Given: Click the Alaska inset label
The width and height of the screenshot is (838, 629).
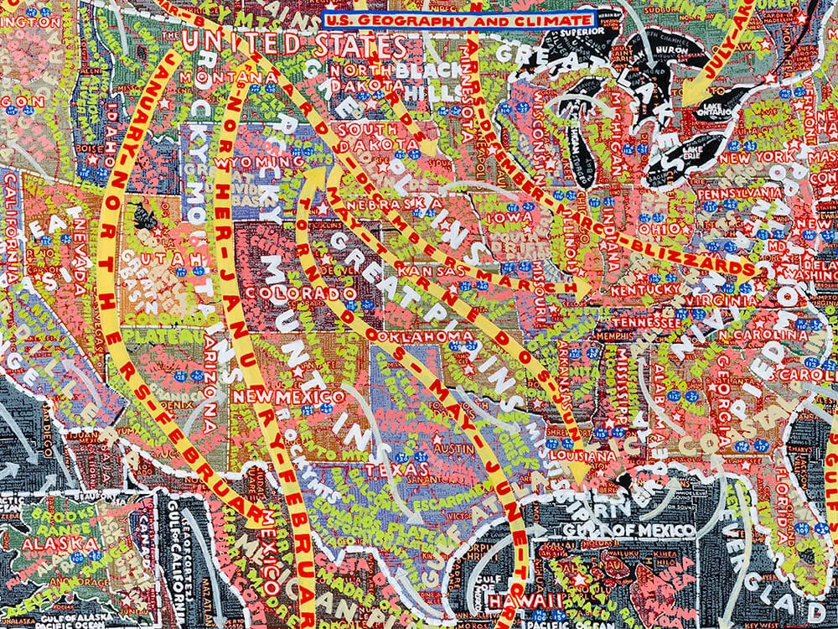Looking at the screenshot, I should click(50, 543).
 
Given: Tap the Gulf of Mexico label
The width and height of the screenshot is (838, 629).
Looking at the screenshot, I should click(640, 530).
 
